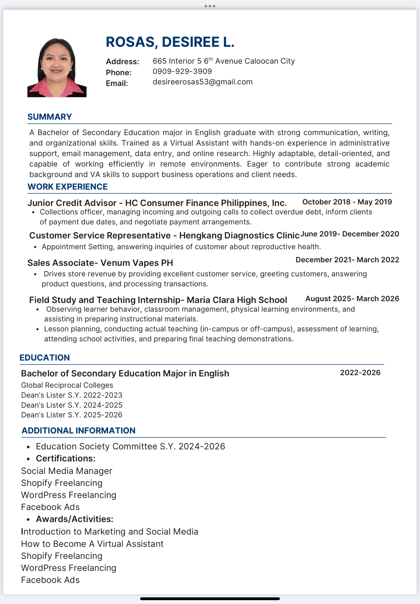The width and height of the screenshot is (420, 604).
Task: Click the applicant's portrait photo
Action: coord(57,68)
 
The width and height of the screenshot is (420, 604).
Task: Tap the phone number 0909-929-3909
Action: coord(182,71)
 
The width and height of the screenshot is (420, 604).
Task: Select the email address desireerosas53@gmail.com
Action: coord(202,82)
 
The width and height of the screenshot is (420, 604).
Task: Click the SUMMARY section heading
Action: coord(49,117)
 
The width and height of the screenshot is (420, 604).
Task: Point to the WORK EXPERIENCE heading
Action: coord(67,187)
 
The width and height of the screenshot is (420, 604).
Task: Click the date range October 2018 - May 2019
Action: coord(347,202)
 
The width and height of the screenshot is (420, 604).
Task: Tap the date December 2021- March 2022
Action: coord(347,260)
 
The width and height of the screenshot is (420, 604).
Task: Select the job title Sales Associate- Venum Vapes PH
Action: coord(100,263)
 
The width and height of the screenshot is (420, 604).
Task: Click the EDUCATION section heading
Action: coord(45,358)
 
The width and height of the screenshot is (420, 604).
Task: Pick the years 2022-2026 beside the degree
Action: coord(360,373)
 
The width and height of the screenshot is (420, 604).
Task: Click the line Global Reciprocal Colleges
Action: coord(67,385)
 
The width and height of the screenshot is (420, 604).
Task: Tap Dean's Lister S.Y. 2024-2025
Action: coord(71,405)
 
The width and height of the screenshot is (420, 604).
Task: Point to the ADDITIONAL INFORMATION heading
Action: coord(78,430)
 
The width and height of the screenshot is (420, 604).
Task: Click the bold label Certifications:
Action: coord(66,458)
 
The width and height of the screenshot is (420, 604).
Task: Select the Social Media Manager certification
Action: coord(67,471)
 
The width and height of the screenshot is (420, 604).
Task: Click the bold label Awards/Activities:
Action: coord(75,519)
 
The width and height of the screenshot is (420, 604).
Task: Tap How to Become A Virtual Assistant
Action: coord(92,544)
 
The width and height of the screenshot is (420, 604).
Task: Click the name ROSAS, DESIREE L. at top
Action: coord(170,42)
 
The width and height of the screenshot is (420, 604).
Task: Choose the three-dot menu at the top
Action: coord(210,6)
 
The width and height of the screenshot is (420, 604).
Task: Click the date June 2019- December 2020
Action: coord(350,234)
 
